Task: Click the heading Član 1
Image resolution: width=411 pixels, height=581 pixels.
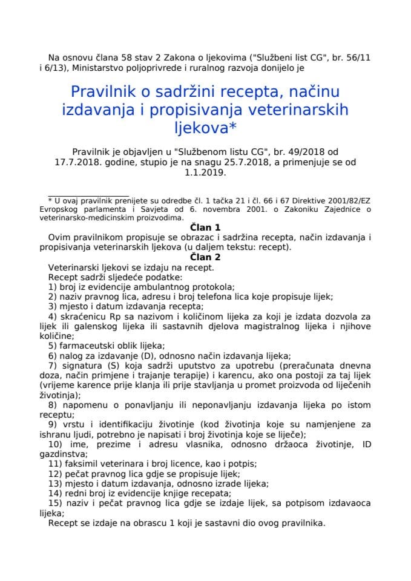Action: click(205, 227)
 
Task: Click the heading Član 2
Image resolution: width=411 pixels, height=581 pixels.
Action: click(205, 257)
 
